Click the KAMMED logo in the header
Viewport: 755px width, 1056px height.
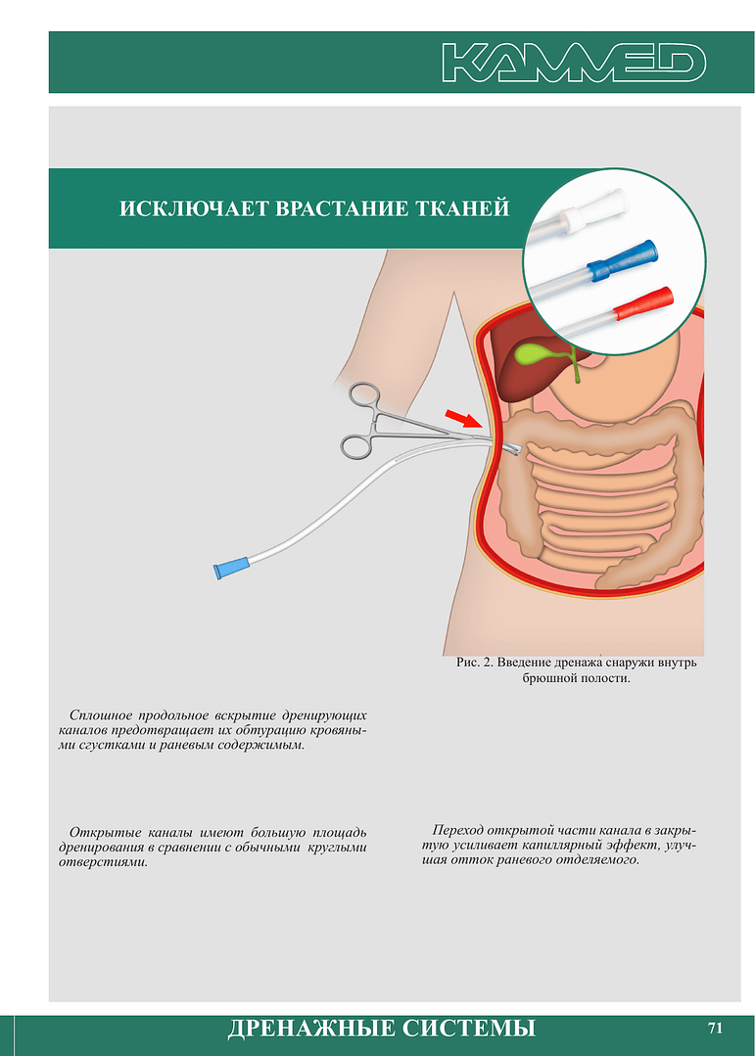coord(574,63)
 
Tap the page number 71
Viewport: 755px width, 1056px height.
coord(715,1028)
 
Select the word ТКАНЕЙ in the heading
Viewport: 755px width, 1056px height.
coord(462,208)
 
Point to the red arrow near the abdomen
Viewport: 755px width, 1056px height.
coord(464,418)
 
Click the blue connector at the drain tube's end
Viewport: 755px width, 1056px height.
coord(230,569)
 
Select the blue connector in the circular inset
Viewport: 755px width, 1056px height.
coord(620,260)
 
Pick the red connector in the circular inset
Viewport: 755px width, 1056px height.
coord(643,303)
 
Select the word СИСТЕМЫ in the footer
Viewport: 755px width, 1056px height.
coord(469,1028)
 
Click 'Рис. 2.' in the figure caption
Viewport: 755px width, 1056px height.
coord(474,663)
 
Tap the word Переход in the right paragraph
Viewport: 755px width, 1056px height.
coord(457,830)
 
